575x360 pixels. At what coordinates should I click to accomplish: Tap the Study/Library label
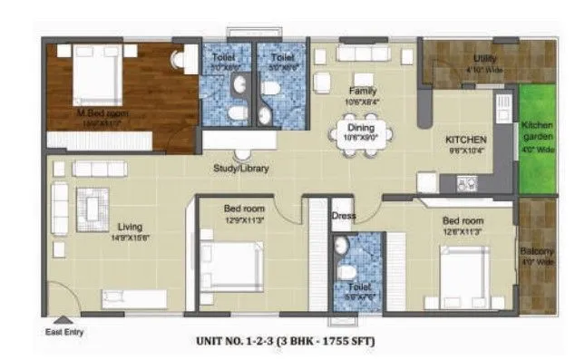[241, 168]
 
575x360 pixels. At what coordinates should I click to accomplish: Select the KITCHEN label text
[466, 140]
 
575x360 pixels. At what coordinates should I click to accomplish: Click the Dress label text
[343, 216]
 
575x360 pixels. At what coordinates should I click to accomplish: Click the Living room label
[129, 227]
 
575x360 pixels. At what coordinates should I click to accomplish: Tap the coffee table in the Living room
[93, 209]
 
